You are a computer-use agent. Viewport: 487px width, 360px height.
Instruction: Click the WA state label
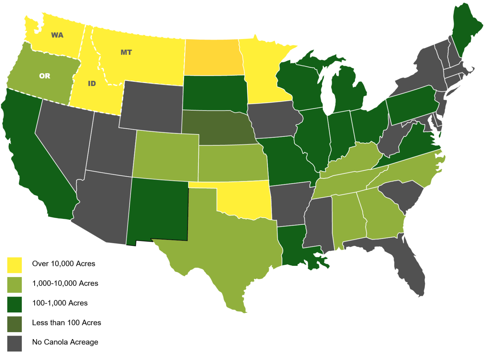click(x=57, y=35)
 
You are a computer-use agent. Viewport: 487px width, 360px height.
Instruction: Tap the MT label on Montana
click(x=126, y=52)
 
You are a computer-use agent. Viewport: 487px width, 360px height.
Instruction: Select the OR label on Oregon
click(x=45, y=76)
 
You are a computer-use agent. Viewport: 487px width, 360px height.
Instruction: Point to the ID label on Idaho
click(x=92, y=84)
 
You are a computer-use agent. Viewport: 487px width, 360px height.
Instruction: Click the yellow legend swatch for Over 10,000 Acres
click(x=15, y=265)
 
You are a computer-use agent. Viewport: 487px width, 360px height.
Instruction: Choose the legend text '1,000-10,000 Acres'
click(x=65, y=283)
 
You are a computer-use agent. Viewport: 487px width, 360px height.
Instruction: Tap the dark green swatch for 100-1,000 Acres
click(x=15, y=304)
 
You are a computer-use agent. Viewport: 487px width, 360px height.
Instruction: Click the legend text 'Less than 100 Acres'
click(x=67, y=323)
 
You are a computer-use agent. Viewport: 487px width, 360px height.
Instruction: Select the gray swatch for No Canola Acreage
click(x=15, y=344)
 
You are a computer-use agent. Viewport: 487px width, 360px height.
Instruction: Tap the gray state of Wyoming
click(x=152, y=106)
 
